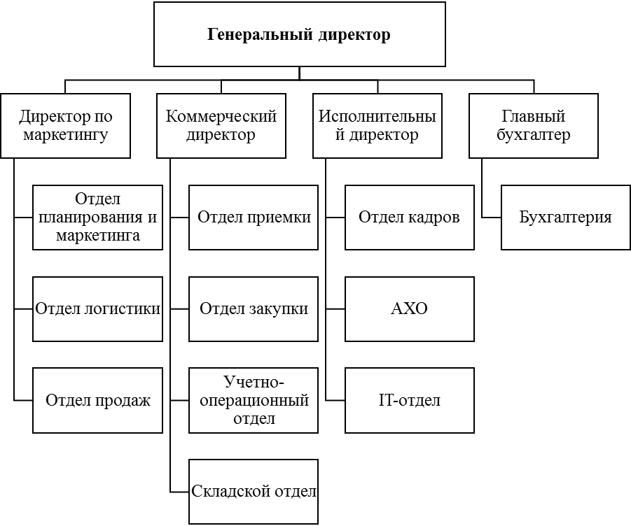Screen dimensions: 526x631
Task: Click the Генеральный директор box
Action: (299, 34)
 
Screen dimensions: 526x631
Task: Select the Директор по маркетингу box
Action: (65, 126)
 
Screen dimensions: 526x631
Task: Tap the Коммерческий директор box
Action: (221, 126)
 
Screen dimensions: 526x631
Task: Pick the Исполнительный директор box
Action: (377, 126)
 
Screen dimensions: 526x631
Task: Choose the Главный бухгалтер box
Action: (533, 126)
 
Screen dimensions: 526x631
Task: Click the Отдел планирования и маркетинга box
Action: (97, 218)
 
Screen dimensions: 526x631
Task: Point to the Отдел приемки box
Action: (254, 218)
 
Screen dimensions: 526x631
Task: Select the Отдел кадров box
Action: (409, 218)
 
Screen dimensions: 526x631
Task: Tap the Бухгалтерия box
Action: (565, 218)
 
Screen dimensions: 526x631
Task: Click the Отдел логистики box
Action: (97, 309)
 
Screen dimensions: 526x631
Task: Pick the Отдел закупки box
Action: (254, 309)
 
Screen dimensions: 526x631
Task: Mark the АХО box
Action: (409, 309)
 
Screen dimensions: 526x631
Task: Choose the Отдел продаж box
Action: (97, 401)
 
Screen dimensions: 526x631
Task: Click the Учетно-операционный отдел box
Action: (254, 401)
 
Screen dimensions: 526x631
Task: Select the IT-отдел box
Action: (409, 401)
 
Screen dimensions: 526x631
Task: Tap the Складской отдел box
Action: (254, 492)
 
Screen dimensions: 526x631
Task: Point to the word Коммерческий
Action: (221, 117)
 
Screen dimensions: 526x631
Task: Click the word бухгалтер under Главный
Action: (533, 135)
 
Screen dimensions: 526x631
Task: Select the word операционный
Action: (254, 401)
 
